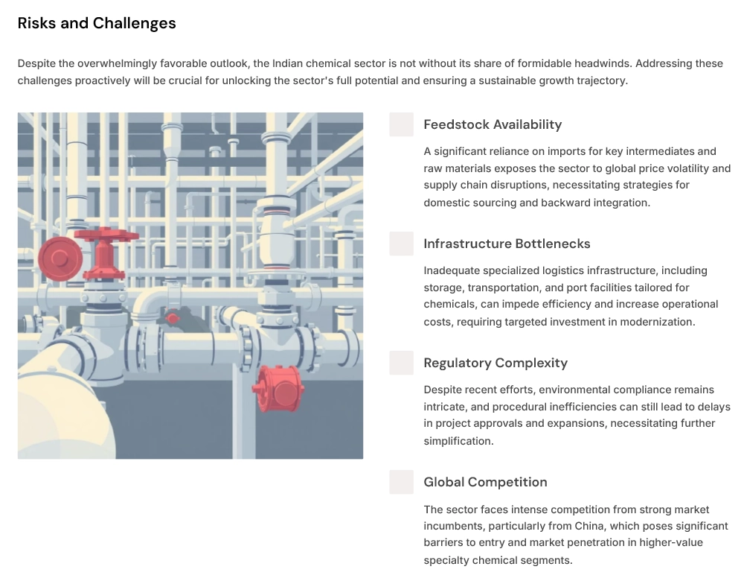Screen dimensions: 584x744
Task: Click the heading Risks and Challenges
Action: [x=97, y=23]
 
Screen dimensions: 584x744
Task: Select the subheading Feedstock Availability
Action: [x=493, y=124]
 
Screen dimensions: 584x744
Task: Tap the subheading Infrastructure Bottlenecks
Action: [x=507, y=244]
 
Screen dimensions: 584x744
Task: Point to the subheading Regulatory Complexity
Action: [x=496, y=363]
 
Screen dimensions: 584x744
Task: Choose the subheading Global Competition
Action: [x=485, y=482]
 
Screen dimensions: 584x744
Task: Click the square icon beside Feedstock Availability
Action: [x=401, y=124]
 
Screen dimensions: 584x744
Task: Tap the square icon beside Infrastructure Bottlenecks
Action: [x=401, y=244]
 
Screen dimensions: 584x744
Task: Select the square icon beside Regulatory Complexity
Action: [x=401, y=363]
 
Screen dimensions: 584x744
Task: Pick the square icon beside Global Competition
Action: [x=401, y=482]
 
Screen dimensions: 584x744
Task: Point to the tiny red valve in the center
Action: [x=173, y=319]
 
